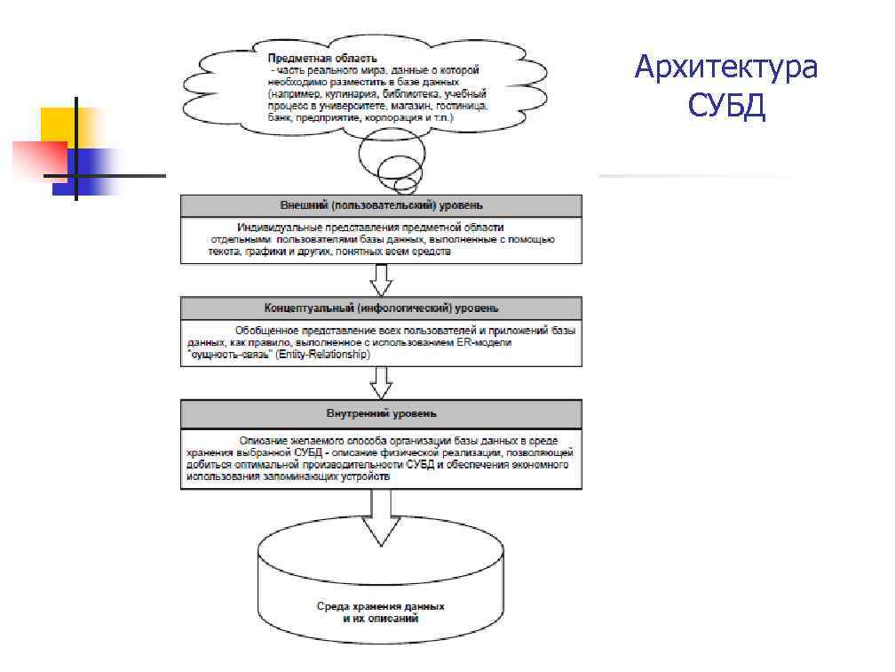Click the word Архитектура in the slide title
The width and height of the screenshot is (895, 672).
726,68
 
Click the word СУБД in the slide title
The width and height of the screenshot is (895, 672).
726,108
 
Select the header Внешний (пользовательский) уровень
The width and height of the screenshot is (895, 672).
382,205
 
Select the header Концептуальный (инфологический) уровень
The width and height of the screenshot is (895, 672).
382,308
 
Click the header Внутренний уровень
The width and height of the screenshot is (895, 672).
382,414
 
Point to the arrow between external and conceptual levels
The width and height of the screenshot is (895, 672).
382,279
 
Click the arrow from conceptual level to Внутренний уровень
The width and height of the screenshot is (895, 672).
382,382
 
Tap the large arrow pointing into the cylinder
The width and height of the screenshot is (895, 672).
382,519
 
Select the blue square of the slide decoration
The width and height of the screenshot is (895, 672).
89,169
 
